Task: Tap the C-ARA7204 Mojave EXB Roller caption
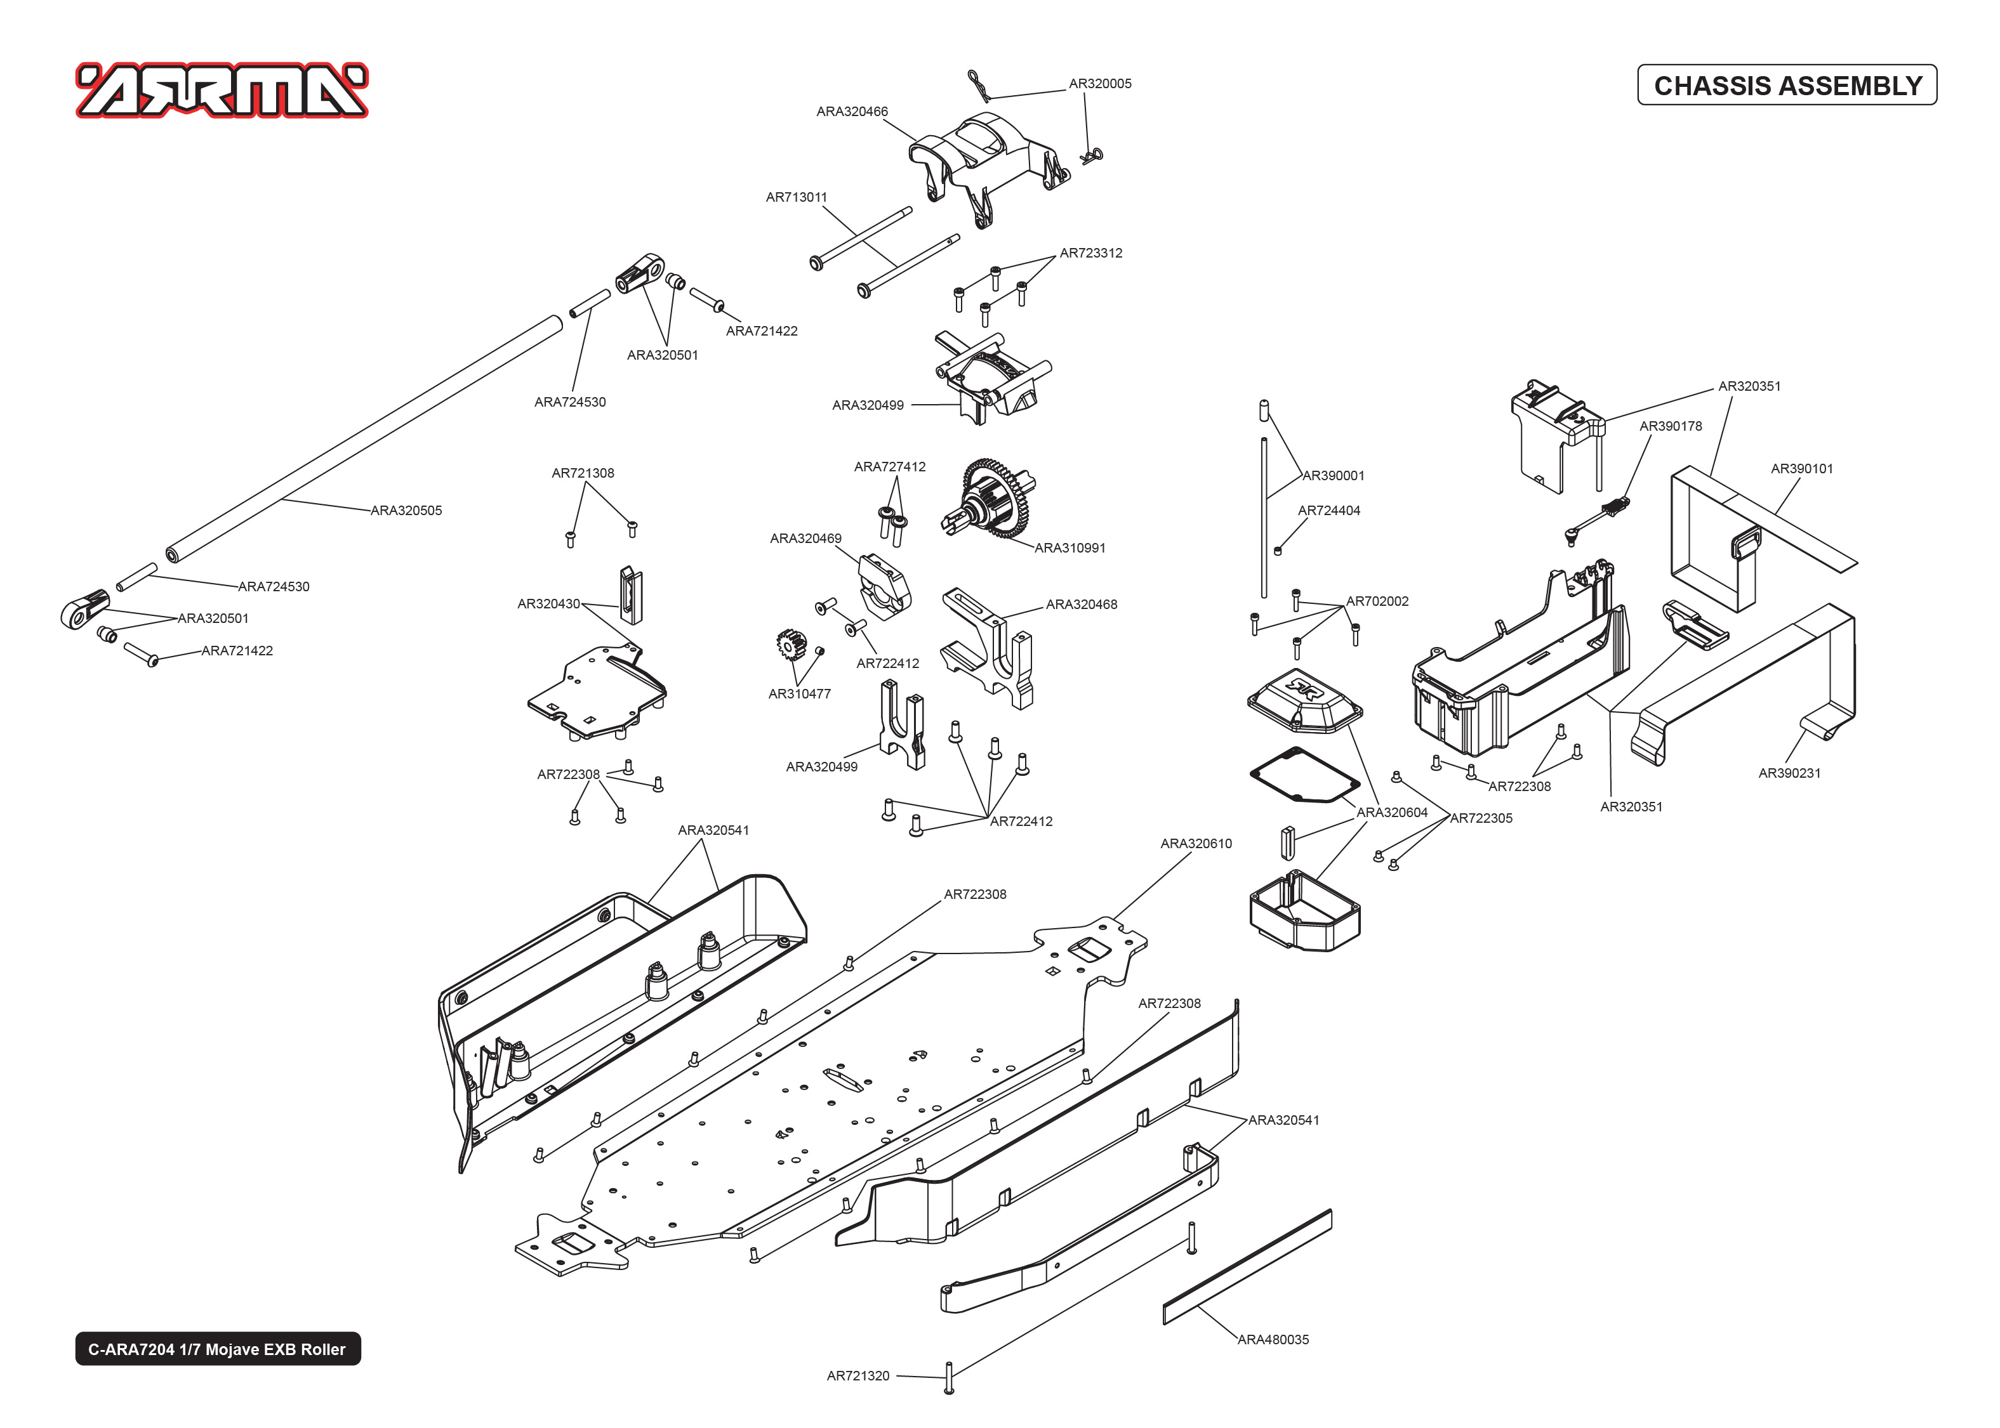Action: [x=217, y=1349]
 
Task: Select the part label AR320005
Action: [x=1099, y=84]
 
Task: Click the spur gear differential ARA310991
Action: [x=994, y=499]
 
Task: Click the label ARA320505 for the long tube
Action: [x=406, y=510]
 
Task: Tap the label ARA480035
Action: [x=1273, y=1339]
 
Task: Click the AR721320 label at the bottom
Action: [x=858, y=1375]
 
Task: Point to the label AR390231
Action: [x=1789, y=773]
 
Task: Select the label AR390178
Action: [x=1670, y=426]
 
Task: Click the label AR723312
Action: [x=1090, y=253]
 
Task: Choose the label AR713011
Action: [x=796, y=197]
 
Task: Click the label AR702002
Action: [x=1377, y=601]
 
